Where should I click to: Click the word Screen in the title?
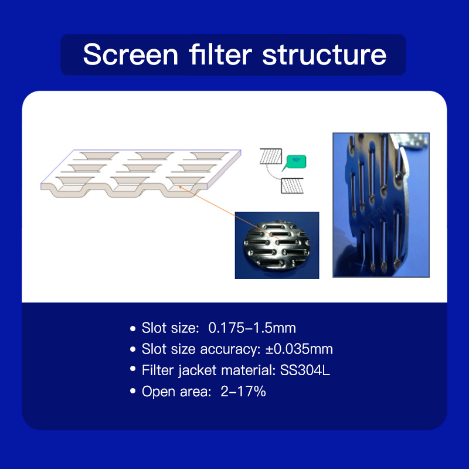pyautogui.click(x=131, y=55)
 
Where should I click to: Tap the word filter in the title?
pyautogui.click(x=220, y=54)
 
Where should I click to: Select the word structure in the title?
pyautogui.click(x=324, y=55)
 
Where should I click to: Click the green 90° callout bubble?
pyautogui.click(x=295, y=162)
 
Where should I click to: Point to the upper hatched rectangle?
pyautogui.click(x=271, y=156)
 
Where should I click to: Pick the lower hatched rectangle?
pyautogui.click(x=292, y=185)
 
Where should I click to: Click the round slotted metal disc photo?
pyautogui.click(x=277, y=246)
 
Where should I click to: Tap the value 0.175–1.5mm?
pyautogui.click(x=252, y=328)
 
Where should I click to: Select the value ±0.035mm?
pyautogui.click(x=299, y=349)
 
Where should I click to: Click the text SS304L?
pyautogui.click(x=305, y=371)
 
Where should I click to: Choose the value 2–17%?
pyautogui.click(x=243, y=391)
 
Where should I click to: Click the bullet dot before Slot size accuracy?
pyautogui.click(x=133, y=349)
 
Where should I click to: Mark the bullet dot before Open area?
pyautogui.click(x=133, y=391)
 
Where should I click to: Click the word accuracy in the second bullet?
pyautogui.click(x=230, y=349)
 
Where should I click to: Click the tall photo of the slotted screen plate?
pyautogui.click(x=381, y=205)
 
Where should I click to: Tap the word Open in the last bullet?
pyautogui.click(x=159, y=392)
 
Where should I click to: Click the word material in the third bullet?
pyautogui.click(x=248, y=371)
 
